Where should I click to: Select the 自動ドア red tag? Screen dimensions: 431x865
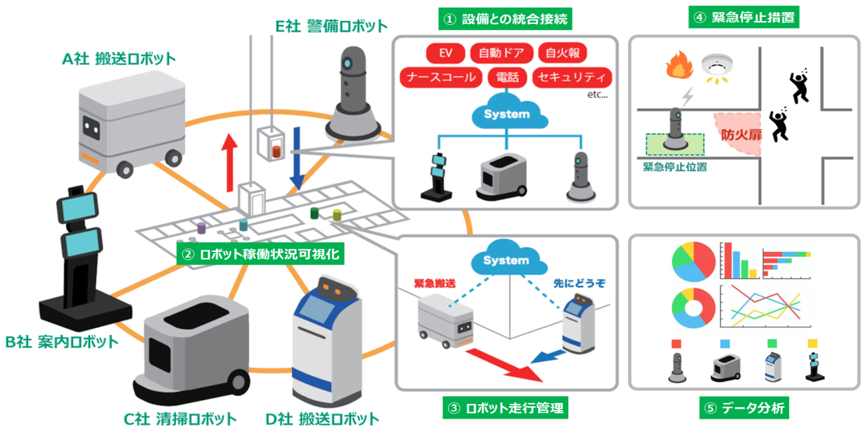point(501,53)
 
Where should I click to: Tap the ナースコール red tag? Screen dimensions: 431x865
point(440,78)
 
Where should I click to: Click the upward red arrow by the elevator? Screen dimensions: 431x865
point(229,160)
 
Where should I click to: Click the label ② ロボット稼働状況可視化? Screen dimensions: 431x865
point(258,254)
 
